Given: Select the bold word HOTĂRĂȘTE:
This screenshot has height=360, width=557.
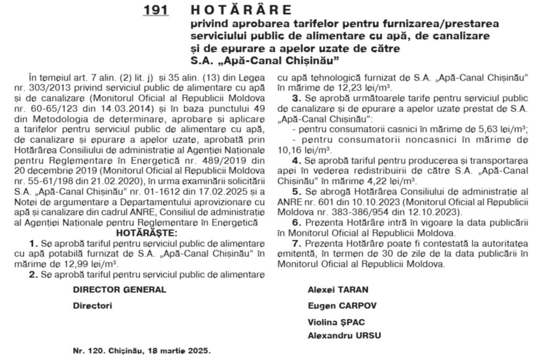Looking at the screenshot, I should pos(143,233).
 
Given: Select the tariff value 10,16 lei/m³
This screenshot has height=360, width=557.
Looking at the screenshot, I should pos(301,148).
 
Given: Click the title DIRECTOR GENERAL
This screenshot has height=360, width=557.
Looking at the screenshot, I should pos(120,290).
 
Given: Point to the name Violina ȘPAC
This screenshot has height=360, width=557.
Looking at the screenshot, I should pos(333,322).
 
